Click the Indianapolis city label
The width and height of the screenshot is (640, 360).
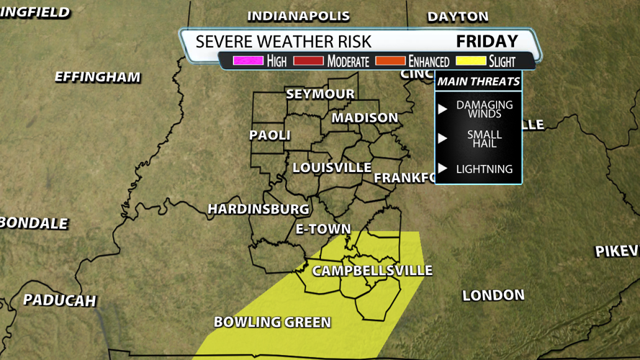click(x=298, y=16)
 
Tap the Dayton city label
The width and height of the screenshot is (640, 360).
click(x=458, y=16)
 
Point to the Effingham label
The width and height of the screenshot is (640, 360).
click(x=97, y=76)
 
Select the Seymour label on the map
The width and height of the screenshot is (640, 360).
click(x=320, y=94)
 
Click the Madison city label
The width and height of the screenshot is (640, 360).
click(x=364, y=117)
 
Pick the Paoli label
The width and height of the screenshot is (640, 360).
click(x=270, y=135)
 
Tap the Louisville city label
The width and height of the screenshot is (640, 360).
click(x=332, y=168)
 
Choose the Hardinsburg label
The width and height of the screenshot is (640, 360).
click(x=258, y=209)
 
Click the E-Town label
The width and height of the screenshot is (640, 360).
click(x=323, y=230)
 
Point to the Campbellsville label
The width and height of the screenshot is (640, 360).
click(x=371, y=271)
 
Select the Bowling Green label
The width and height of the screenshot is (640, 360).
click(x=272, y=322)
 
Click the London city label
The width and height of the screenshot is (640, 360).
click(x=493, y=295)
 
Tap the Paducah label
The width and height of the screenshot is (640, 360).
click(x=59, y=300)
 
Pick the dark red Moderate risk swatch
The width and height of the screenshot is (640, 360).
click(x=309, y=61)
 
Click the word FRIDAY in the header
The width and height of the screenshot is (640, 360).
click(x=487, y=41)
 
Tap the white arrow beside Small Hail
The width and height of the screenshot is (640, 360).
click(x=443, y=139)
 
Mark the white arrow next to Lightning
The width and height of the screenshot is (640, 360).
click(x=443, y=169)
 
